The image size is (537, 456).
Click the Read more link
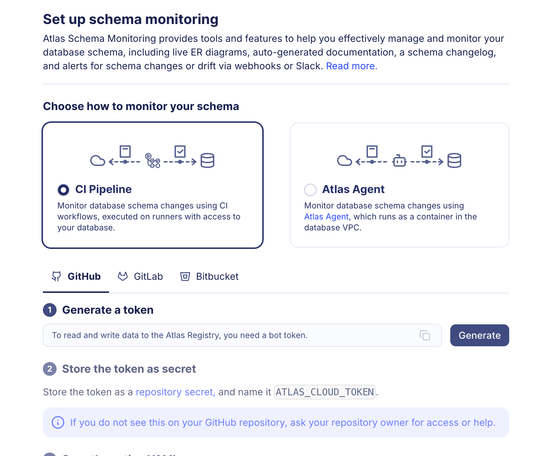tap(351, 66)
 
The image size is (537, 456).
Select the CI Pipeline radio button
tap(63, 190)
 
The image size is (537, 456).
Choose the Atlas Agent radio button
tap(310, 190)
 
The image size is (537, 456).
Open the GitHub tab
tap(76, 276)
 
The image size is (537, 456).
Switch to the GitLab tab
tap(140, 276)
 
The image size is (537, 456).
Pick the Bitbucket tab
tap(210, 276)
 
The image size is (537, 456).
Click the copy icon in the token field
tap(425, 335)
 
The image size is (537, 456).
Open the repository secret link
tap(175, 392)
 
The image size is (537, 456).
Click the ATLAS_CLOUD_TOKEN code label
tap(325, 392)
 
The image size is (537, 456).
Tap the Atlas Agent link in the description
tap(326, 217)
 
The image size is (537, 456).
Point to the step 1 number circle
tap(50, 310)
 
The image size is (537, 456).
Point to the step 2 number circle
tap(50, 369)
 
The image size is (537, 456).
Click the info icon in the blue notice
tap(58, 422)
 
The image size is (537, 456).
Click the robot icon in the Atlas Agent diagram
tap(399, 160)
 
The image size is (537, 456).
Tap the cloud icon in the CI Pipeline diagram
tap(98, 160)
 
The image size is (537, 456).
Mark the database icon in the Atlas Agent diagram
tap(454, 160)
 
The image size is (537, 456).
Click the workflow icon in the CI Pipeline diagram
tap(153, 160)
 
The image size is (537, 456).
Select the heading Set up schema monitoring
tap(131, 20)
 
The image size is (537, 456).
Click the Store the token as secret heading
tap(129, 369)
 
